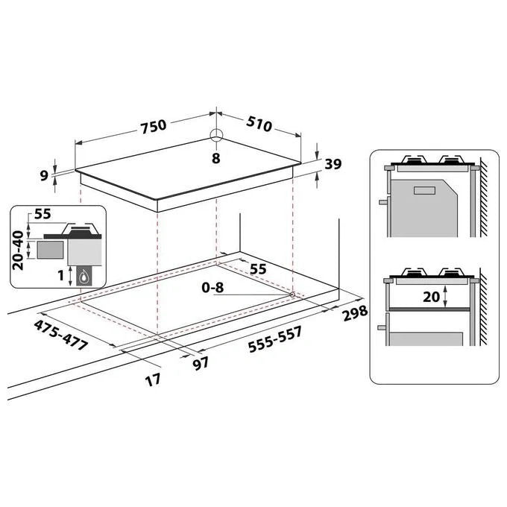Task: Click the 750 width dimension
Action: point(154,126)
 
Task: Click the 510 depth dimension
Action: point(259,124)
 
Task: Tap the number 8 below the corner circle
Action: point(216,158)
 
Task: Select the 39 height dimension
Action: point(333,164)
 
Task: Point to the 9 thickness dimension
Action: point(44,175)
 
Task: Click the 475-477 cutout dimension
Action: point(61,335)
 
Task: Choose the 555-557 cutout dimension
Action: point(275,338)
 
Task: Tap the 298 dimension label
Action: point(355,313)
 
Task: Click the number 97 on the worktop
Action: point(201,364)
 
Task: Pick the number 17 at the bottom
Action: point(153,380)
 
